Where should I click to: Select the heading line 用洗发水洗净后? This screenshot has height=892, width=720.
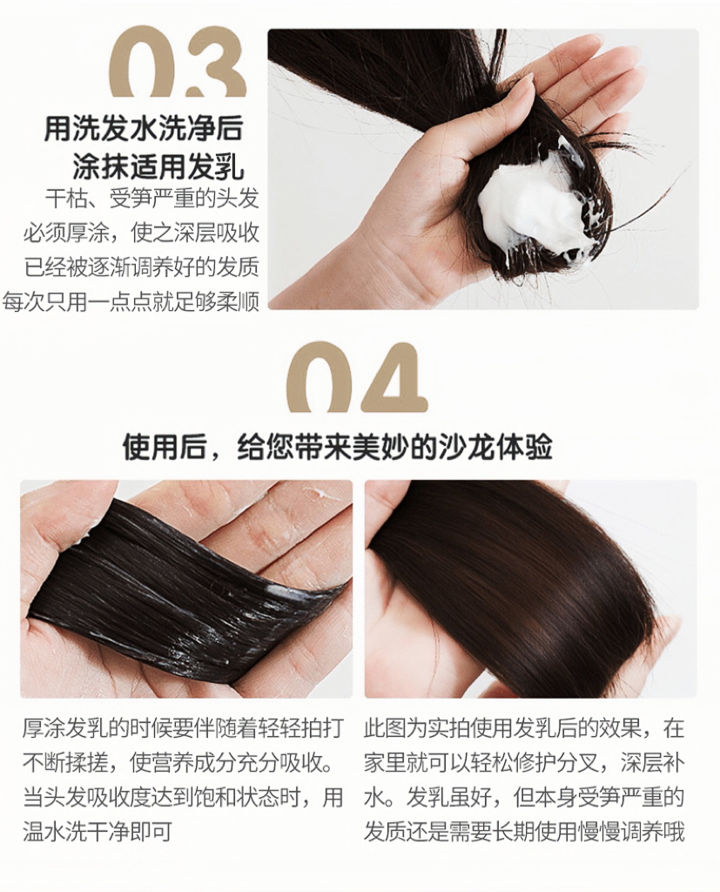[144, 129]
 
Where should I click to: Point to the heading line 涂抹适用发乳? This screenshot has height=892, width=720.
[158, 167]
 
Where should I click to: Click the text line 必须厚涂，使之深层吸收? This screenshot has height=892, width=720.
[141, 233]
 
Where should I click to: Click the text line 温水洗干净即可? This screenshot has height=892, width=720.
[98, 832]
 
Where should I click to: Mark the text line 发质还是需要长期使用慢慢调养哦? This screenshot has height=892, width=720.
[524, 832]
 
